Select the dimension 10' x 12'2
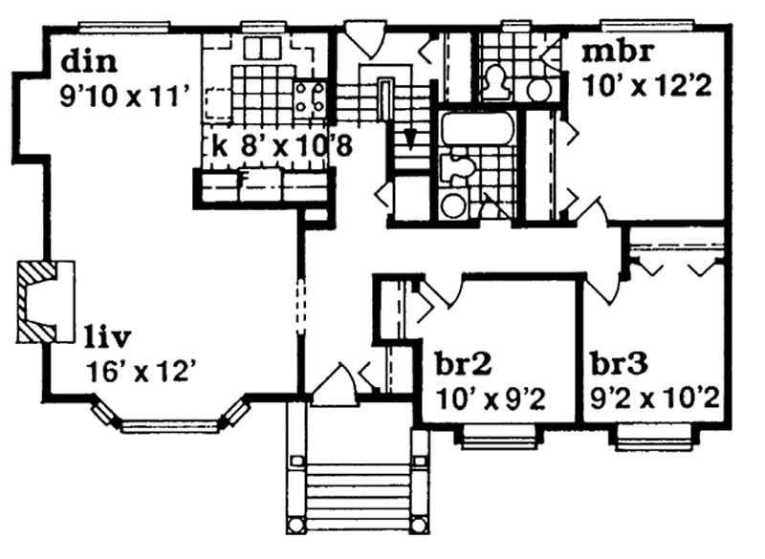[645, 85]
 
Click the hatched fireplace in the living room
[42, 301]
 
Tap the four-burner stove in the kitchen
[312, 98]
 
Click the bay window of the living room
[172, 420]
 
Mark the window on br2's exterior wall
[488, 439]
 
